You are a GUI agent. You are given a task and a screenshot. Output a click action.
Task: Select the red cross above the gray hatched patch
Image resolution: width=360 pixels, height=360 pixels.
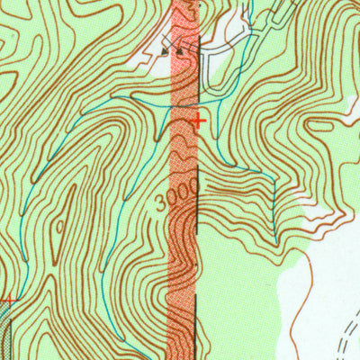click(x=10, y=300)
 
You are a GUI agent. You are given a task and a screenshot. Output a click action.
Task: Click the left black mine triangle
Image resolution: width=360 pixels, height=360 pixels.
click(x=166, y=51)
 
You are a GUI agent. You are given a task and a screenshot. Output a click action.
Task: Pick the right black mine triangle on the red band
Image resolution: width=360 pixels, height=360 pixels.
click(x=180, y=51)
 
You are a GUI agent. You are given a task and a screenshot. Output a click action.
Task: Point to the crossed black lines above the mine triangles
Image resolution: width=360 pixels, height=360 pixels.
click(x=186, y=41)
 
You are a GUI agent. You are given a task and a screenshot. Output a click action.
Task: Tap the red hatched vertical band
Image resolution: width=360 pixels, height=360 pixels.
click(x=183, y=270)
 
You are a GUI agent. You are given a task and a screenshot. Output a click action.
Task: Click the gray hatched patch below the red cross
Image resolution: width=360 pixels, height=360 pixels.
click(x=5, y=333)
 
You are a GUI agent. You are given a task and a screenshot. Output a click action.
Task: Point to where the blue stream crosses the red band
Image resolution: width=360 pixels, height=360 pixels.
click(x=184, y=105)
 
